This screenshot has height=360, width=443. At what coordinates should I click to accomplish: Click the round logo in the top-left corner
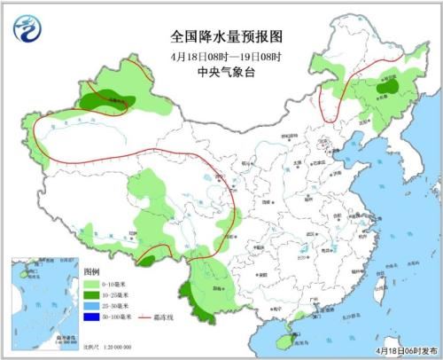(x=27, y=32)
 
